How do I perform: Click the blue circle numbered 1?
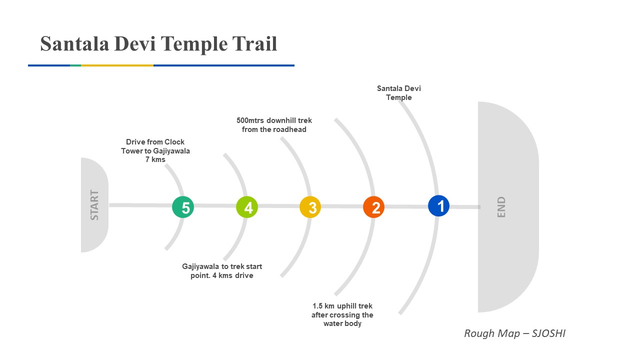pos(438,205)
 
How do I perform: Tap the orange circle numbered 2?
pos(374,207)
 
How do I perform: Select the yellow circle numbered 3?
pos(310,207)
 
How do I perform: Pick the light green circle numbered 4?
pos(247,207)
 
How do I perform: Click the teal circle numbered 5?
pos(183,207)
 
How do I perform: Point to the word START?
pos(94,205)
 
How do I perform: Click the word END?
pos(501,207)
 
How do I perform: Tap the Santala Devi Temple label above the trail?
pos(399,93)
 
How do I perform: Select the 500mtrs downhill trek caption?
pos(274,125)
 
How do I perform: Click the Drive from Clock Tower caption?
pos(155,146)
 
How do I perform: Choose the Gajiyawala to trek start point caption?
pos(222,271)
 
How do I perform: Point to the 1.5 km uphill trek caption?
pos(342,314)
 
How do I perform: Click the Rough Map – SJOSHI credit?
pos(514,333)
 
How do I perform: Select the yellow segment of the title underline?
pos(117,65)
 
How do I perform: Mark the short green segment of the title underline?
pos(75,65)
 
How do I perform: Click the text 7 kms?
pos(155,159)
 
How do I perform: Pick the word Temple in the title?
pos(194,44)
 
